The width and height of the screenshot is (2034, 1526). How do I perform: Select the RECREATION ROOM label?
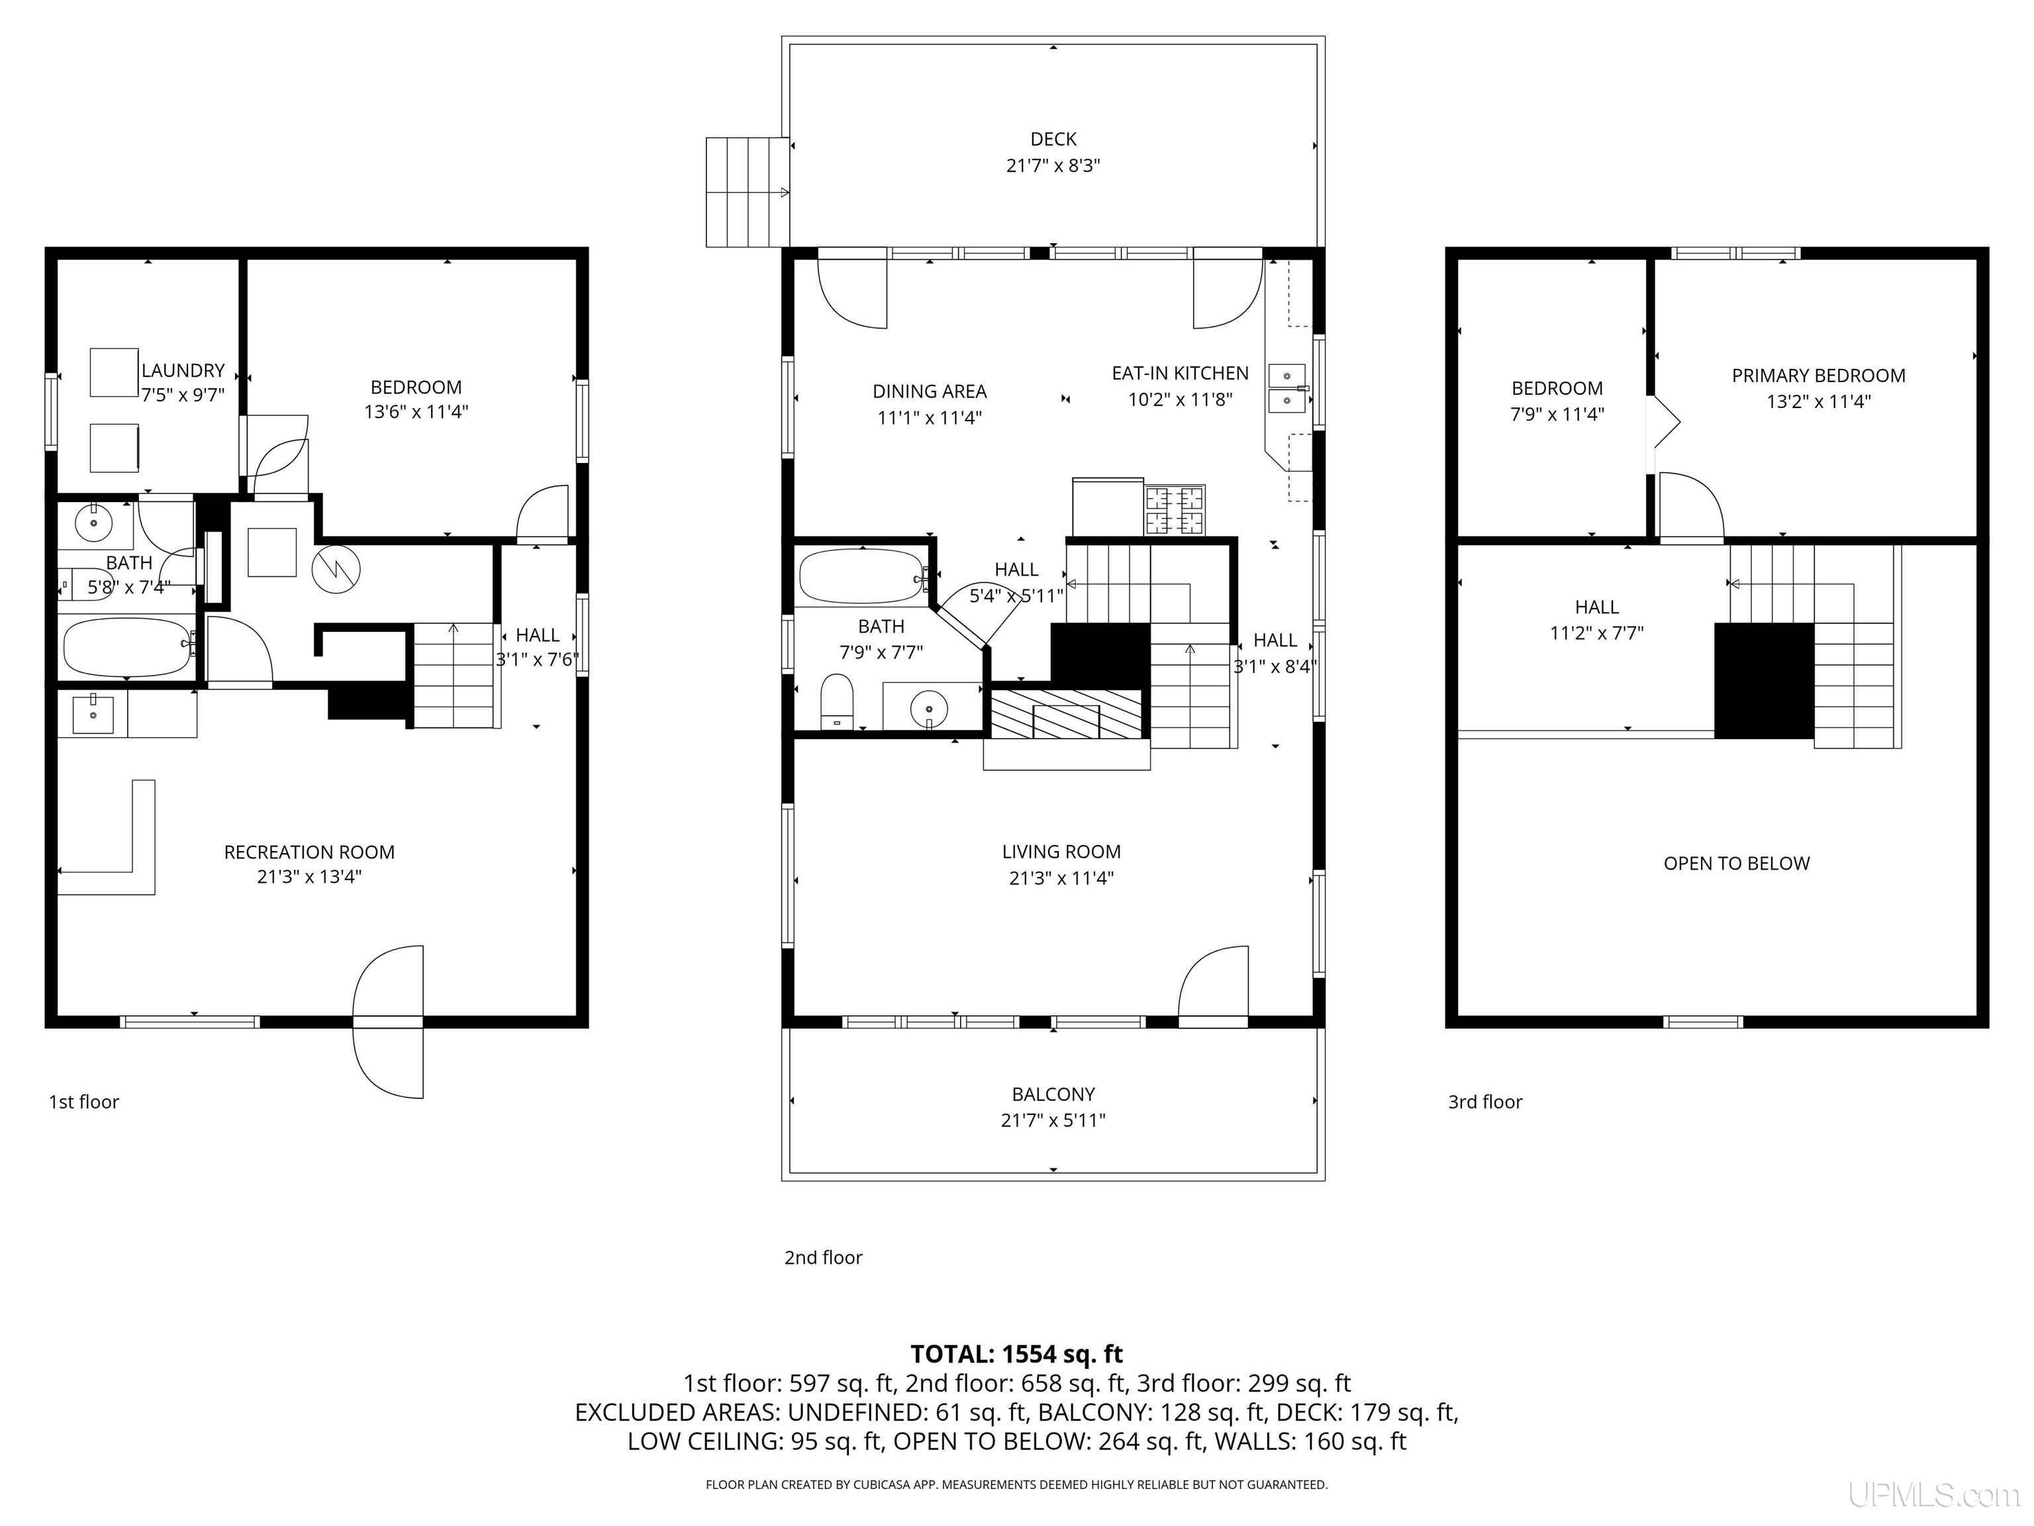(x=309, y=852)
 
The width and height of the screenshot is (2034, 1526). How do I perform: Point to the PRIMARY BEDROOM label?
(x=1818, y=376)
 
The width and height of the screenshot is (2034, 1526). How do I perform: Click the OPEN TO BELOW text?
(x=1736, y=864)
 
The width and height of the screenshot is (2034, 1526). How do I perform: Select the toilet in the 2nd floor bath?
(x=837, y=701)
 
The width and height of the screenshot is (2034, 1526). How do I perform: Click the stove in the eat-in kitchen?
(x=1174, y=509)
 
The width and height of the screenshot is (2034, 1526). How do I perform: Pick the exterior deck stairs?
(x=747, y=192)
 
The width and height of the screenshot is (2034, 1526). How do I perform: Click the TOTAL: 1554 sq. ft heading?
(x=1016, y=1354)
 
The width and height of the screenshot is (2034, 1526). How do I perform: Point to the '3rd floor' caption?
(x=1485, y=1102)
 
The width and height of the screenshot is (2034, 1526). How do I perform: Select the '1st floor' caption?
(x=83, y=1102)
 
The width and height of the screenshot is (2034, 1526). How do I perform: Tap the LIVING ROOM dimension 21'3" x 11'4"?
(x=1061, y=878)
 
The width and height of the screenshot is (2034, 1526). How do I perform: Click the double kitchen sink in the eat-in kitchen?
(x=1286, y=388)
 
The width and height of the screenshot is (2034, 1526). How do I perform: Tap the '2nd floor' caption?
(x=823, y=1257)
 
